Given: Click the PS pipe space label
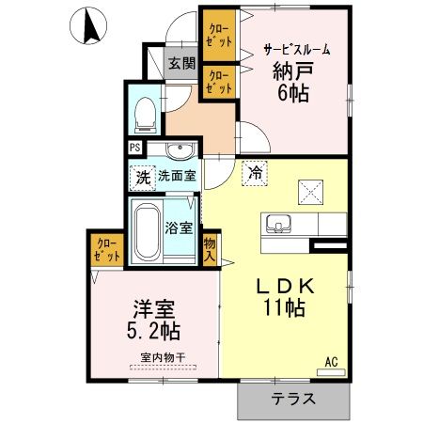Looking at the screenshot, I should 135,148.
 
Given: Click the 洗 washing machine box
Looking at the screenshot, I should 142,176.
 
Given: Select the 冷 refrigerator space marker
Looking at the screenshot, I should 254,174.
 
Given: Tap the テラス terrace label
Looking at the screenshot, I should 293,399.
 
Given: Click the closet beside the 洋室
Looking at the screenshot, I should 106,248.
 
